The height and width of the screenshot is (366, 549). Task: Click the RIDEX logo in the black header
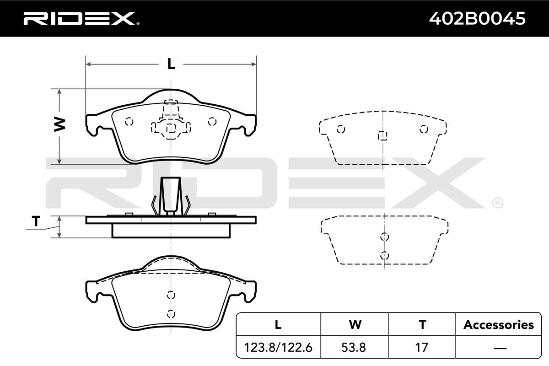[81, 18]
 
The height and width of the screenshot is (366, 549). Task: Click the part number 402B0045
[477, 18]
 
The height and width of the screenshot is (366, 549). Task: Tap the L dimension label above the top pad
[171, 64]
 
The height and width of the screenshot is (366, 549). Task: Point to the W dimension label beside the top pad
[59, 124]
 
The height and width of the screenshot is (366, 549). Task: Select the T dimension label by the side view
[36, 221]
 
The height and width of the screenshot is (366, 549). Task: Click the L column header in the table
[278, 324]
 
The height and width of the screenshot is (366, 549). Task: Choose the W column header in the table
[355, 324]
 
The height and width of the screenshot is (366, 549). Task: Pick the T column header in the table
[422, 324]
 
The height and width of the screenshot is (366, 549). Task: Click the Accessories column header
[499, 325]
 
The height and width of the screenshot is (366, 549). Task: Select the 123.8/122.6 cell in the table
[278, 347]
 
